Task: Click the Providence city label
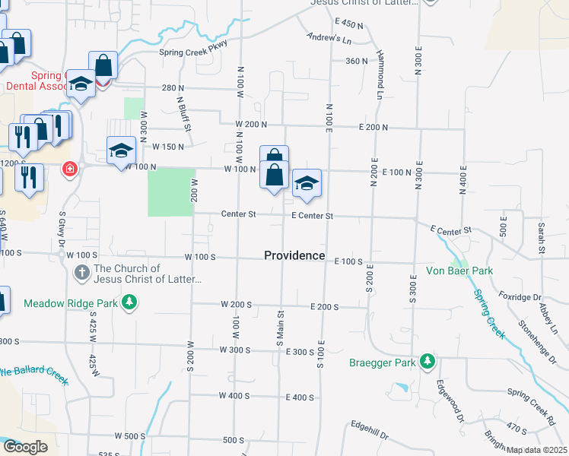point(294,255)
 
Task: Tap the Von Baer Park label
point(459,271)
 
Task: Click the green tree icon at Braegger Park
point(428,359)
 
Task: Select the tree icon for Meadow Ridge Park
point(130,302)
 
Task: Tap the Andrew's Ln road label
point(329,37)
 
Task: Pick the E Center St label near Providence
point(313,216)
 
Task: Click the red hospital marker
point(70,167)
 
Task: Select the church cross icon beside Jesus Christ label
point(82,271)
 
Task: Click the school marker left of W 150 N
point(121,151)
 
